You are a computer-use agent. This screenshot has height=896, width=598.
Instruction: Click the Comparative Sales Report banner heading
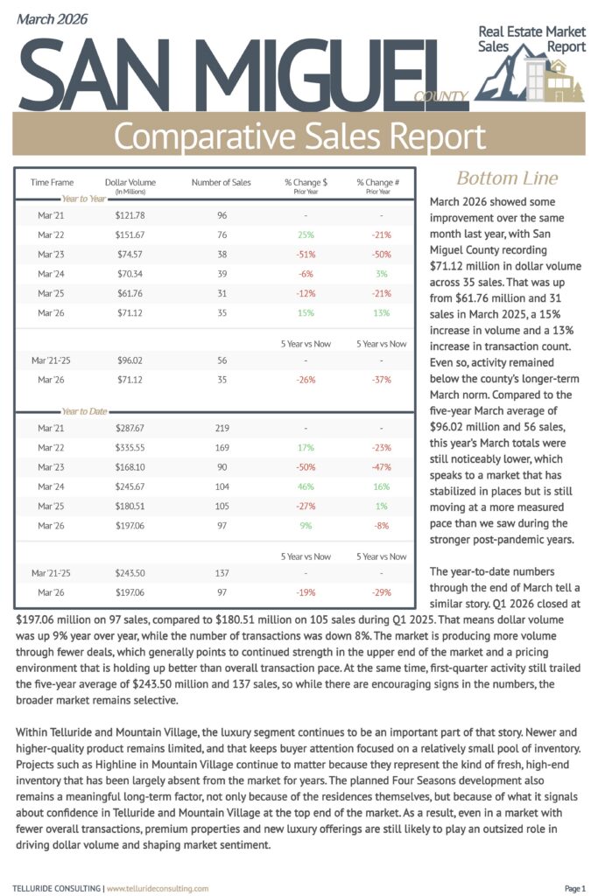point(299,136)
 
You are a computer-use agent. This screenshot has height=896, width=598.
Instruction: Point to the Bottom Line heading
point(507,178)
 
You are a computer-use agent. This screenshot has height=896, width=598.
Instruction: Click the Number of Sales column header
point(221,182)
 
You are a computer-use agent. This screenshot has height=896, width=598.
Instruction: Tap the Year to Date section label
point(84,411)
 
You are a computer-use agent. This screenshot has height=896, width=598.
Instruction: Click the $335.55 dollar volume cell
point(130,447)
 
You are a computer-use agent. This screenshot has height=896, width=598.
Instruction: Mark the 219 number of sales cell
point(221,428)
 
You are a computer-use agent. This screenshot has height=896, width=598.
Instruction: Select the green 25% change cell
point(306,234)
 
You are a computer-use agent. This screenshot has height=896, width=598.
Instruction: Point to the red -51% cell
point(306,254)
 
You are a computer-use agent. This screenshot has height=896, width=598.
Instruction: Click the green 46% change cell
point(306,486)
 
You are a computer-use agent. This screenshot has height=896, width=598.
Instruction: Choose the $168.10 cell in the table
point(130,466)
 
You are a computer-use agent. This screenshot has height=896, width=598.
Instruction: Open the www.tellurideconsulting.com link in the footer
point(158,888)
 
